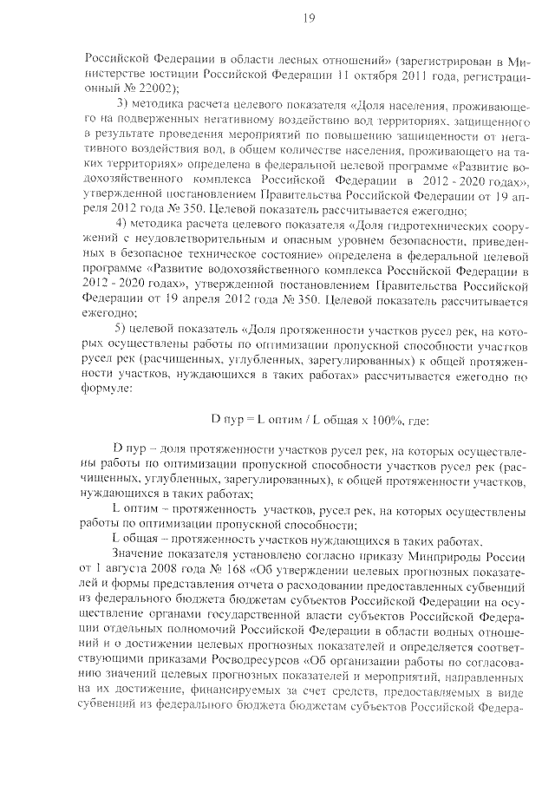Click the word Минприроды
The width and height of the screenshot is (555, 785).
tap(451, 555)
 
